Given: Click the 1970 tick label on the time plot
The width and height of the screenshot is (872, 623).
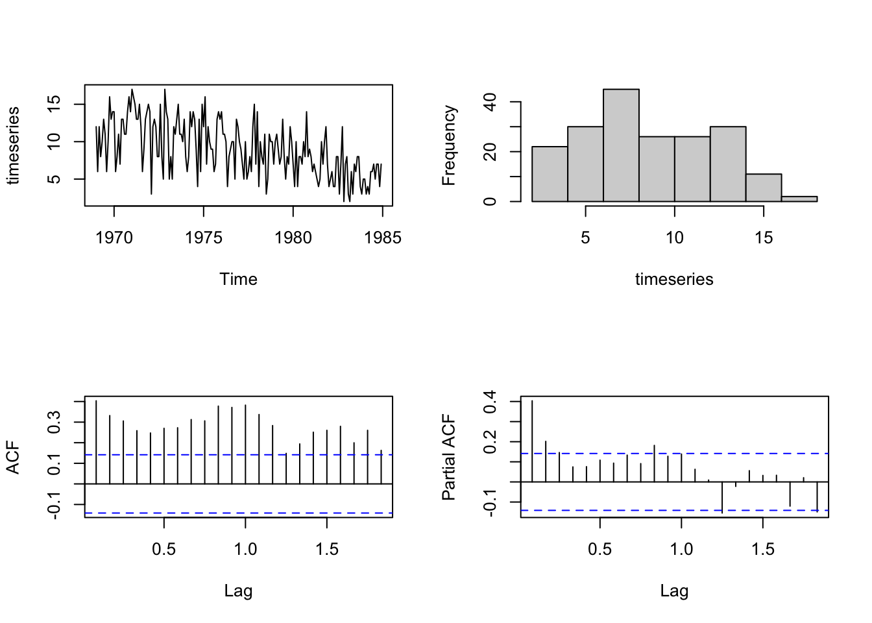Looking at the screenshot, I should [114, 238].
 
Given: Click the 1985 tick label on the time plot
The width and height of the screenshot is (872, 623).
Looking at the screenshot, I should [383, 238].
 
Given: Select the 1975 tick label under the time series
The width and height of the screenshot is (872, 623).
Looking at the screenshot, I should [204, 238].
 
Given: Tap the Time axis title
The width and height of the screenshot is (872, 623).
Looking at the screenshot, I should [238, 279].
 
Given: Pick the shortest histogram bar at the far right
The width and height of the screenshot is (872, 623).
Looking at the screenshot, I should [799, 199].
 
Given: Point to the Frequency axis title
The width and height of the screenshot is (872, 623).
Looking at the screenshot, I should [449, 145].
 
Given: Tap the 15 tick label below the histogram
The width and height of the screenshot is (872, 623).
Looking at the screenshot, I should [764, 238].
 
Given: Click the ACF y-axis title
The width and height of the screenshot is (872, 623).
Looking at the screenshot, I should [13, 458].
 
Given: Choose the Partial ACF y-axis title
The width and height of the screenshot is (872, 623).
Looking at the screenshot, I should [449, 458].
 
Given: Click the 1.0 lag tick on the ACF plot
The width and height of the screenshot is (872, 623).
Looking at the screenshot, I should [245, 549].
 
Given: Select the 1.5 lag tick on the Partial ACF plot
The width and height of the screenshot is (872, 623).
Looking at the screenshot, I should [763, 549].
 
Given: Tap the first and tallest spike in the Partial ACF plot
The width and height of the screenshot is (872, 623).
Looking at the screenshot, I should [532, 441].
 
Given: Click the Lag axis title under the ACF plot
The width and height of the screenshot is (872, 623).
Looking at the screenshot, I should [238, 591].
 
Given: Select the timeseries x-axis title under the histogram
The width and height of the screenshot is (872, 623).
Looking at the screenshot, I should [674, 279].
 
